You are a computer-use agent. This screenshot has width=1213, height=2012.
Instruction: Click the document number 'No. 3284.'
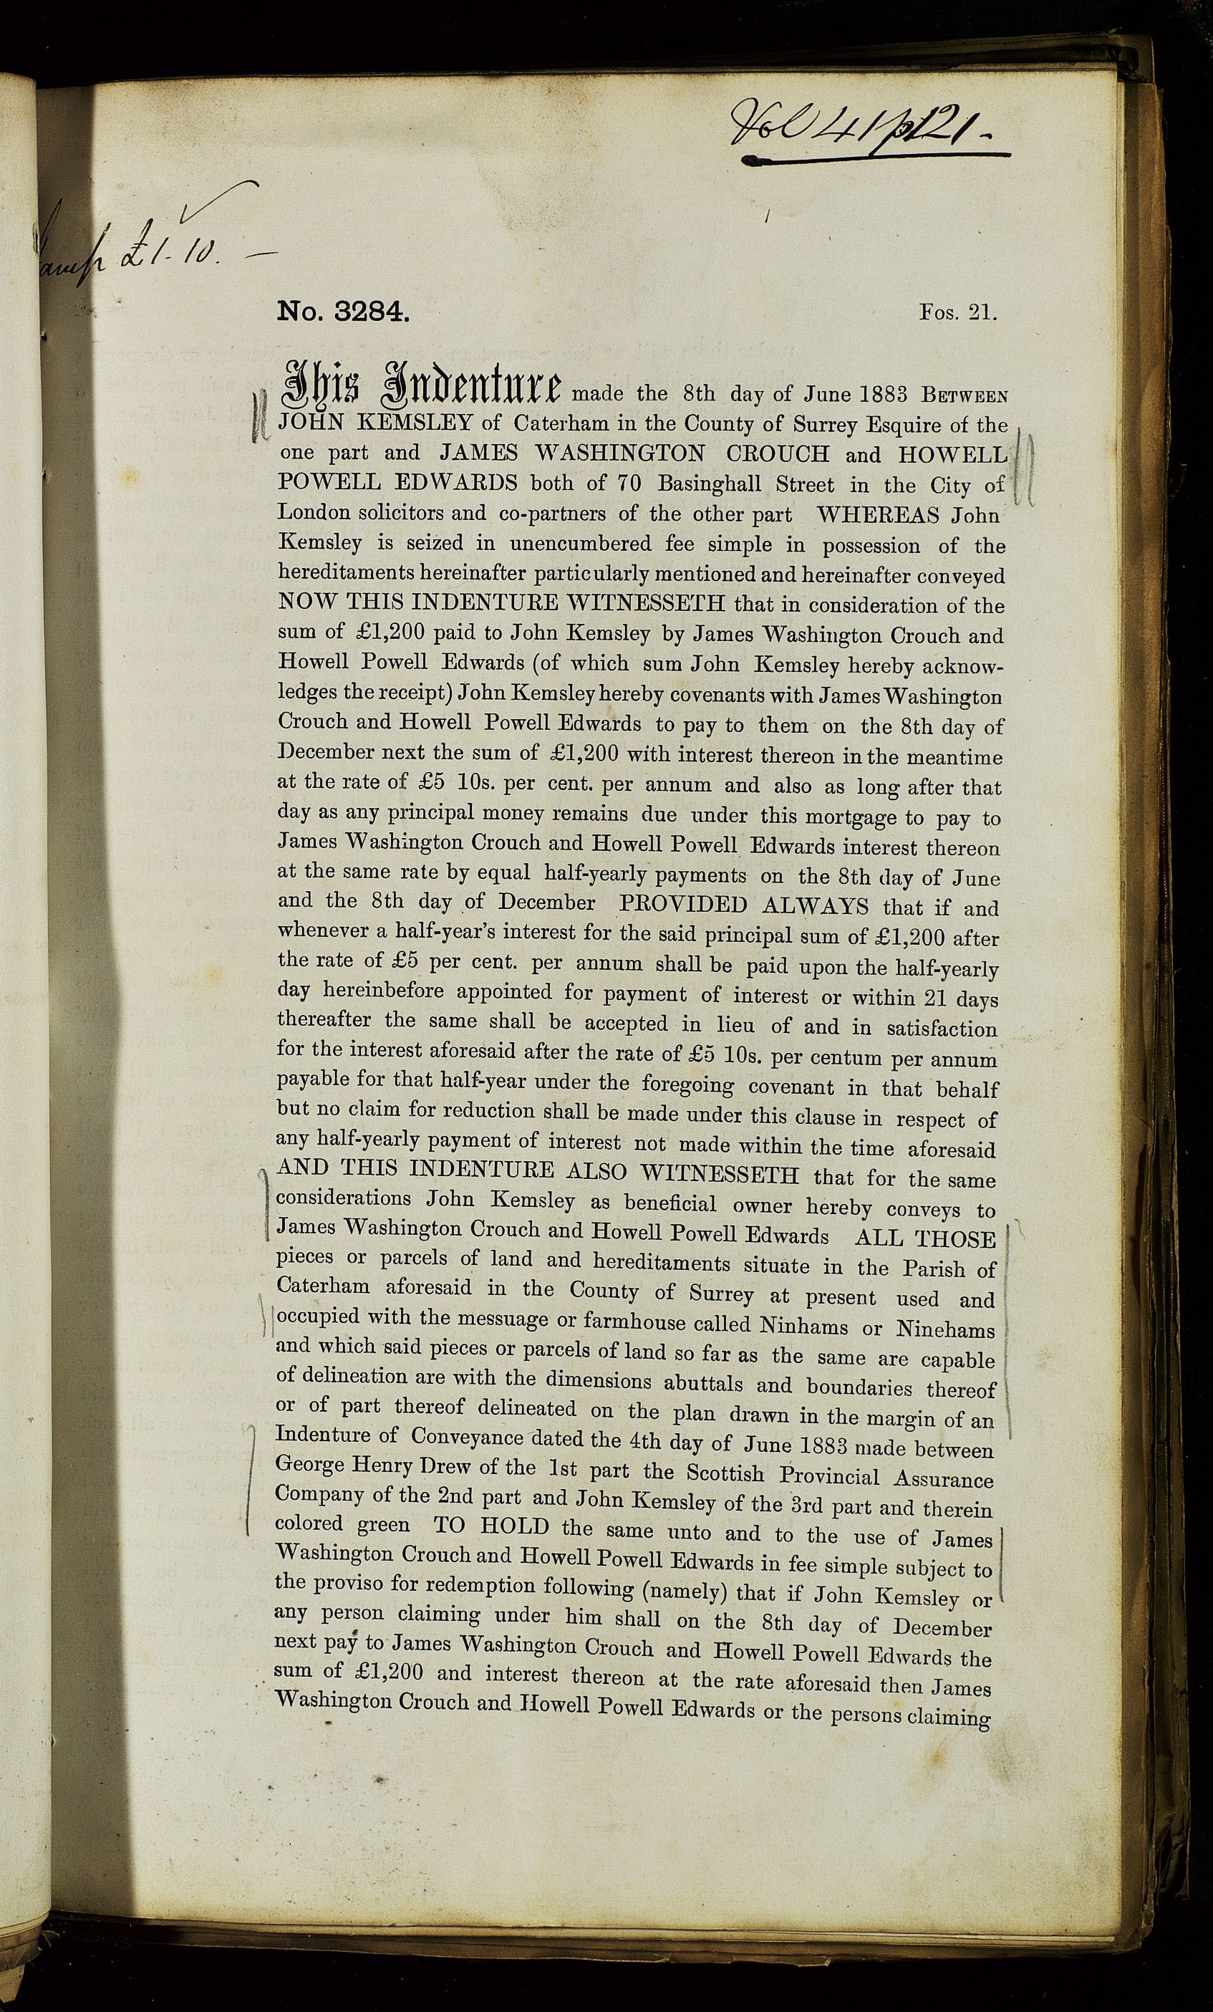(x=342, y=312)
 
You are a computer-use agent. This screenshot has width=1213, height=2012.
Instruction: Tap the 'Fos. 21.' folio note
(x=957, y=312)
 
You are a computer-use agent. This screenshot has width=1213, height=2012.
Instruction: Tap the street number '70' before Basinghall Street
(x=629, y=483)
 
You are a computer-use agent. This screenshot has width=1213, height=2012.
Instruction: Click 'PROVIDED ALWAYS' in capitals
(x=743, y=905)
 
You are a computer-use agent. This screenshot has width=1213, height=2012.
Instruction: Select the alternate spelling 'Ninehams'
(x=945, y=1329)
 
